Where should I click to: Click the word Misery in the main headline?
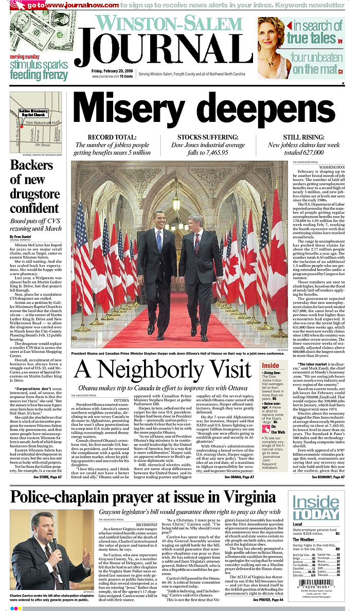pos(135,110)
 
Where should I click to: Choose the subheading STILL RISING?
pos(301,137)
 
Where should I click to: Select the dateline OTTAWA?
pos(121,400)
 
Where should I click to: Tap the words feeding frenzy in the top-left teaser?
pos(39,75)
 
